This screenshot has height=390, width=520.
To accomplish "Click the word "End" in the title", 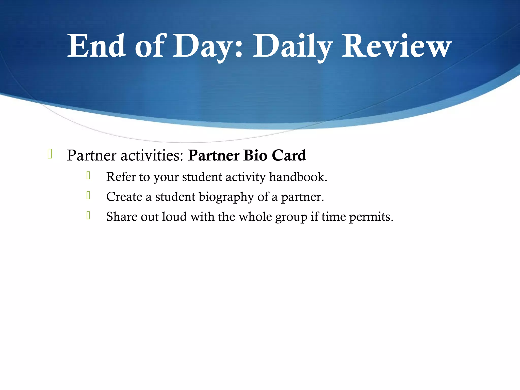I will pyautogui.click(x=96, y=46).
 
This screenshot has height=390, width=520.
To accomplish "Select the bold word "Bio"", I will pyautogui.click(x=255, y=155).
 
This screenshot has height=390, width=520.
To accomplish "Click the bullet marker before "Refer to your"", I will pyautogui.click(x=88, y=175).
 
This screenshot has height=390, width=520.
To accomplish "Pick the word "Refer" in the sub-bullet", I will pyautogui.click(x=121, y=177).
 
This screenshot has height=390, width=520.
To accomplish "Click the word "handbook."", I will pyautogui.click(x=298, y=177).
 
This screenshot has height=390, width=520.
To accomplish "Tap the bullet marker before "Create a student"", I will pyautogui.click(x=88, y=195).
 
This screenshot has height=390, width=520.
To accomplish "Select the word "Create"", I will pyautogui.click(x=124, y=197).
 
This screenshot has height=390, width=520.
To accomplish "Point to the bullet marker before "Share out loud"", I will pyautogui.click(x=88, y=215).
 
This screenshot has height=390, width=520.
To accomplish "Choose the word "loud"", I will pyautogui.click(x=174, y=217).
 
